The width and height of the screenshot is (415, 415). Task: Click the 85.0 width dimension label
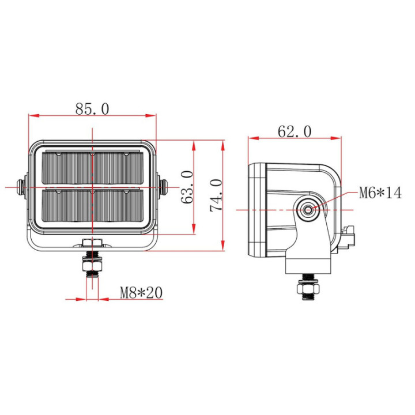click(x=92, y=109)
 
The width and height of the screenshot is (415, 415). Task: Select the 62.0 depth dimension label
click(x=295, y=131)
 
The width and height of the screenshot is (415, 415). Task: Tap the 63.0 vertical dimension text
click(x=187, y=187)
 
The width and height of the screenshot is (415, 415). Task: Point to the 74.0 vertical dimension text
click(x=216, y=195)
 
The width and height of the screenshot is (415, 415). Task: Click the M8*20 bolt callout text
click(x=141, y=292)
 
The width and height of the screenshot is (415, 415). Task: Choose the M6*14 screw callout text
click(x=380, y=193)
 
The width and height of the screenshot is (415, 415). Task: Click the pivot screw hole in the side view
click(x=308, y=210)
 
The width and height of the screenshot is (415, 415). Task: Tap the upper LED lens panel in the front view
click(x=93, y=168)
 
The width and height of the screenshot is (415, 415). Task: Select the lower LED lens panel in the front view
click(x=93, y=205)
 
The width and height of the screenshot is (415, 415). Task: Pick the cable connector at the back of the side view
click(x=348, y=237)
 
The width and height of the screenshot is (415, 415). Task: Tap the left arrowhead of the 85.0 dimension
click(x=34, y=116)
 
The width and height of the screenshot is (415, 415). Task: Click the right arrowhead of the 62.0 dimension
click(x=335, y=138)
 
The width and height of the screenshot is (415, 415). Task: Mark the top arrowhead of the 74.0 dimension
click(x=223, y=146)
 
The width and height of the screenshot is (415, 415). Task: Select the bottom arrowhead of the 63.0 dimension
click(x=194, y=229)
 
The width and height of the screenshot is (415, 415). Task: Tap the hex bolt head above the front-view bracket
click(x=92, y=243)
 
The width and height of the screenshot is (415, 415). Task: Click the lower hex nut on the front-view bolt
click(x=92, y=266)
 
